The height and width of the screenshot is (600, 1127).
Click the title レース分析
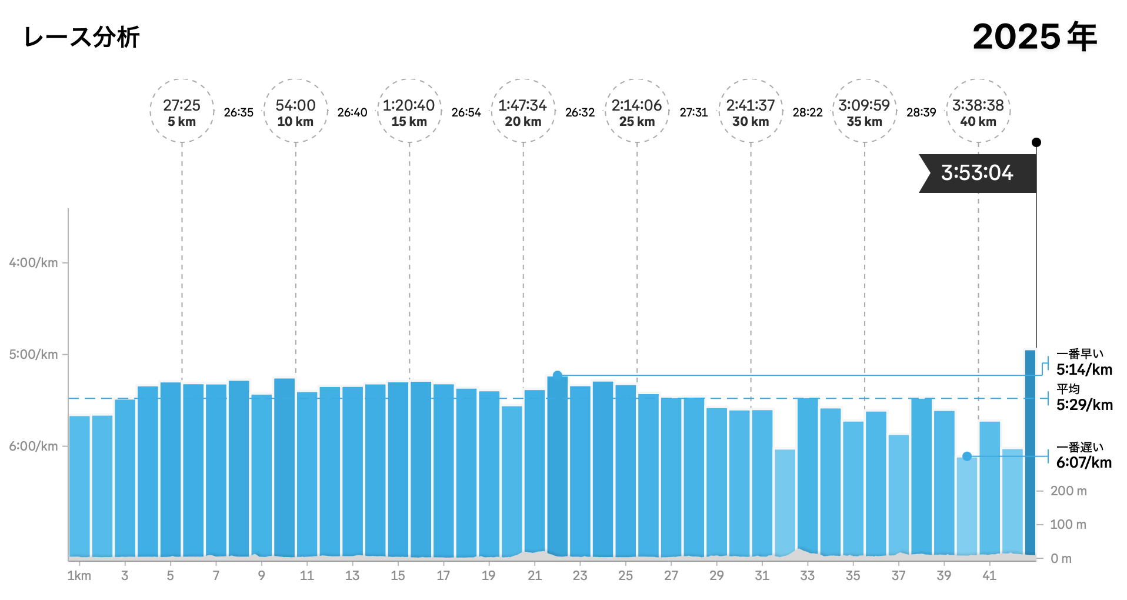tap(82, 37)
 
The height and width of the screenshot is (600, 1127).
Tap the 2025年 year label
tap(1034, 37)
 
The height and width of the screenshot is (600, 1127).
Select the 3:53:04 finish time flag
tap(977, 173)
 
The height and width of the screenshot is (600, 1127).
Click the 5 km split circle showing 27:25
tap(182, 111)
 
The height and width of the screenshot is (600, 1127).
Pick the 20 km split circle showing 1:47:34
tap(523, 111)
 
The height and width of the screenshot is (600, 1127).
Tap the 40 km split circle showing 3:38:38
tap(978, 111)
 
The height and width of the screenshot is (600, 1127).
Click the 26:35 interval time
tap(238, 112)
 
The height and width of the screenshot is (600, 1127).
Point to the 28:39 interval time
tap(921, 112)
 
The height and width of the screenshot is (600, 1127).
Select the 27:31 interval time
tap(693, 112)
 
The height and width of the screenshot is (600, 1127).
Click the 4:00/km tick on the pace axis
tap(34, 263)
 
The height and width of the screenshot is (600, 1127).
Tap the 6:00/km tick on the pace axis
tap(34, 446)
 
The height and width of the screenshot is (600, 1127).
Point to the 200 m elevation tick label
tap(1068, 491)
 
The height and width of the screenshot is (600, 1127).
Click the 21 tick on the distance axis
tap(534, 576)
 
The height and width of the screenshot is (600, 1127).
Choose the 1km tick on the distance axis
tap(79, 576)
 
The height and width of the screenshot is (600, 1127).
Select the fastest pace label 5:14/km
tap(1084, 370)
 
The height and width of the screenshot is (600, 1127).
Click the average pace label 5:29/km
tap(1084, 405)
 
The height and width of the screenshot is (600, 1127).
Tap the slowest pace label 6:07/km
tap(1083, 462)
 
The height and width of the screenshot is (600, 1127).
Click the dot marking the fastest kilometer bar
tap(558, 375)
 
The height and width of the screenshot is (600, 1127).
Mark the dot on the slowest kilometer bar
tap(967, 456)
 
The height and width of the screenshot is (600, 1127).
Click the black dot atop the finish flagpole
tap(1036, 142)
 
